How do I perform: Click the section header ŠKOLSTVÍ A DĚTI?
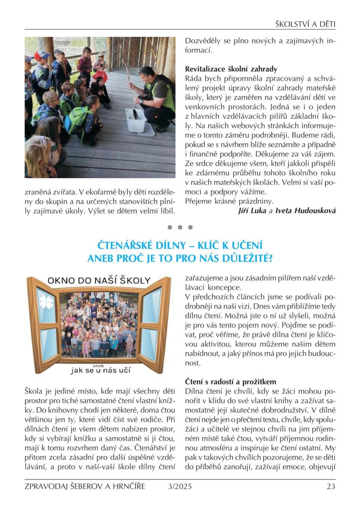(305, 23)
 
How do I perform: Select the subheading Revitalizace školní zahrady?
(231, 69)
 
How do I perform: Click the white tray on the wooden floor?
(139, 121)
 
